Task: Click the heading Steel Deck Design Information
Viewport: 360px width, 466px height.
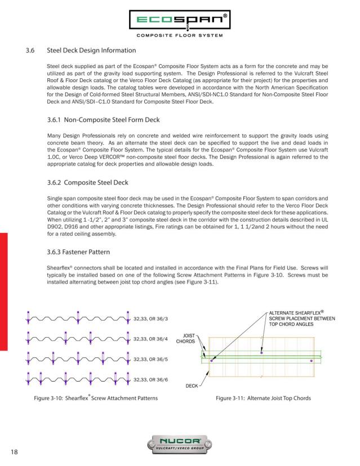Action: pyautogui.click(x=91, y=51)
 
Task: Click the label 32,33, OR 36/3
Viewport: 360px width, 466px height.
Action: pyautogui.click(x=150, y=320)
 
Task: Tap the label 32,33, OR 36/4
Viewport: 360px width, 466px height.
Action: pyautogui.click(x=150, y=339)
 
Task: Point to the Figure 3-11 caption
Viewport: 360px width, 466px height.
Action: pyautogui.click(x=263, y=398)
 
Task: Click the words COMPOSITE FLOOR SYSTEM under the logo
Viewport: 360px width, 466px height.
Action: pyautogui.click(x=179, y=36)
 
